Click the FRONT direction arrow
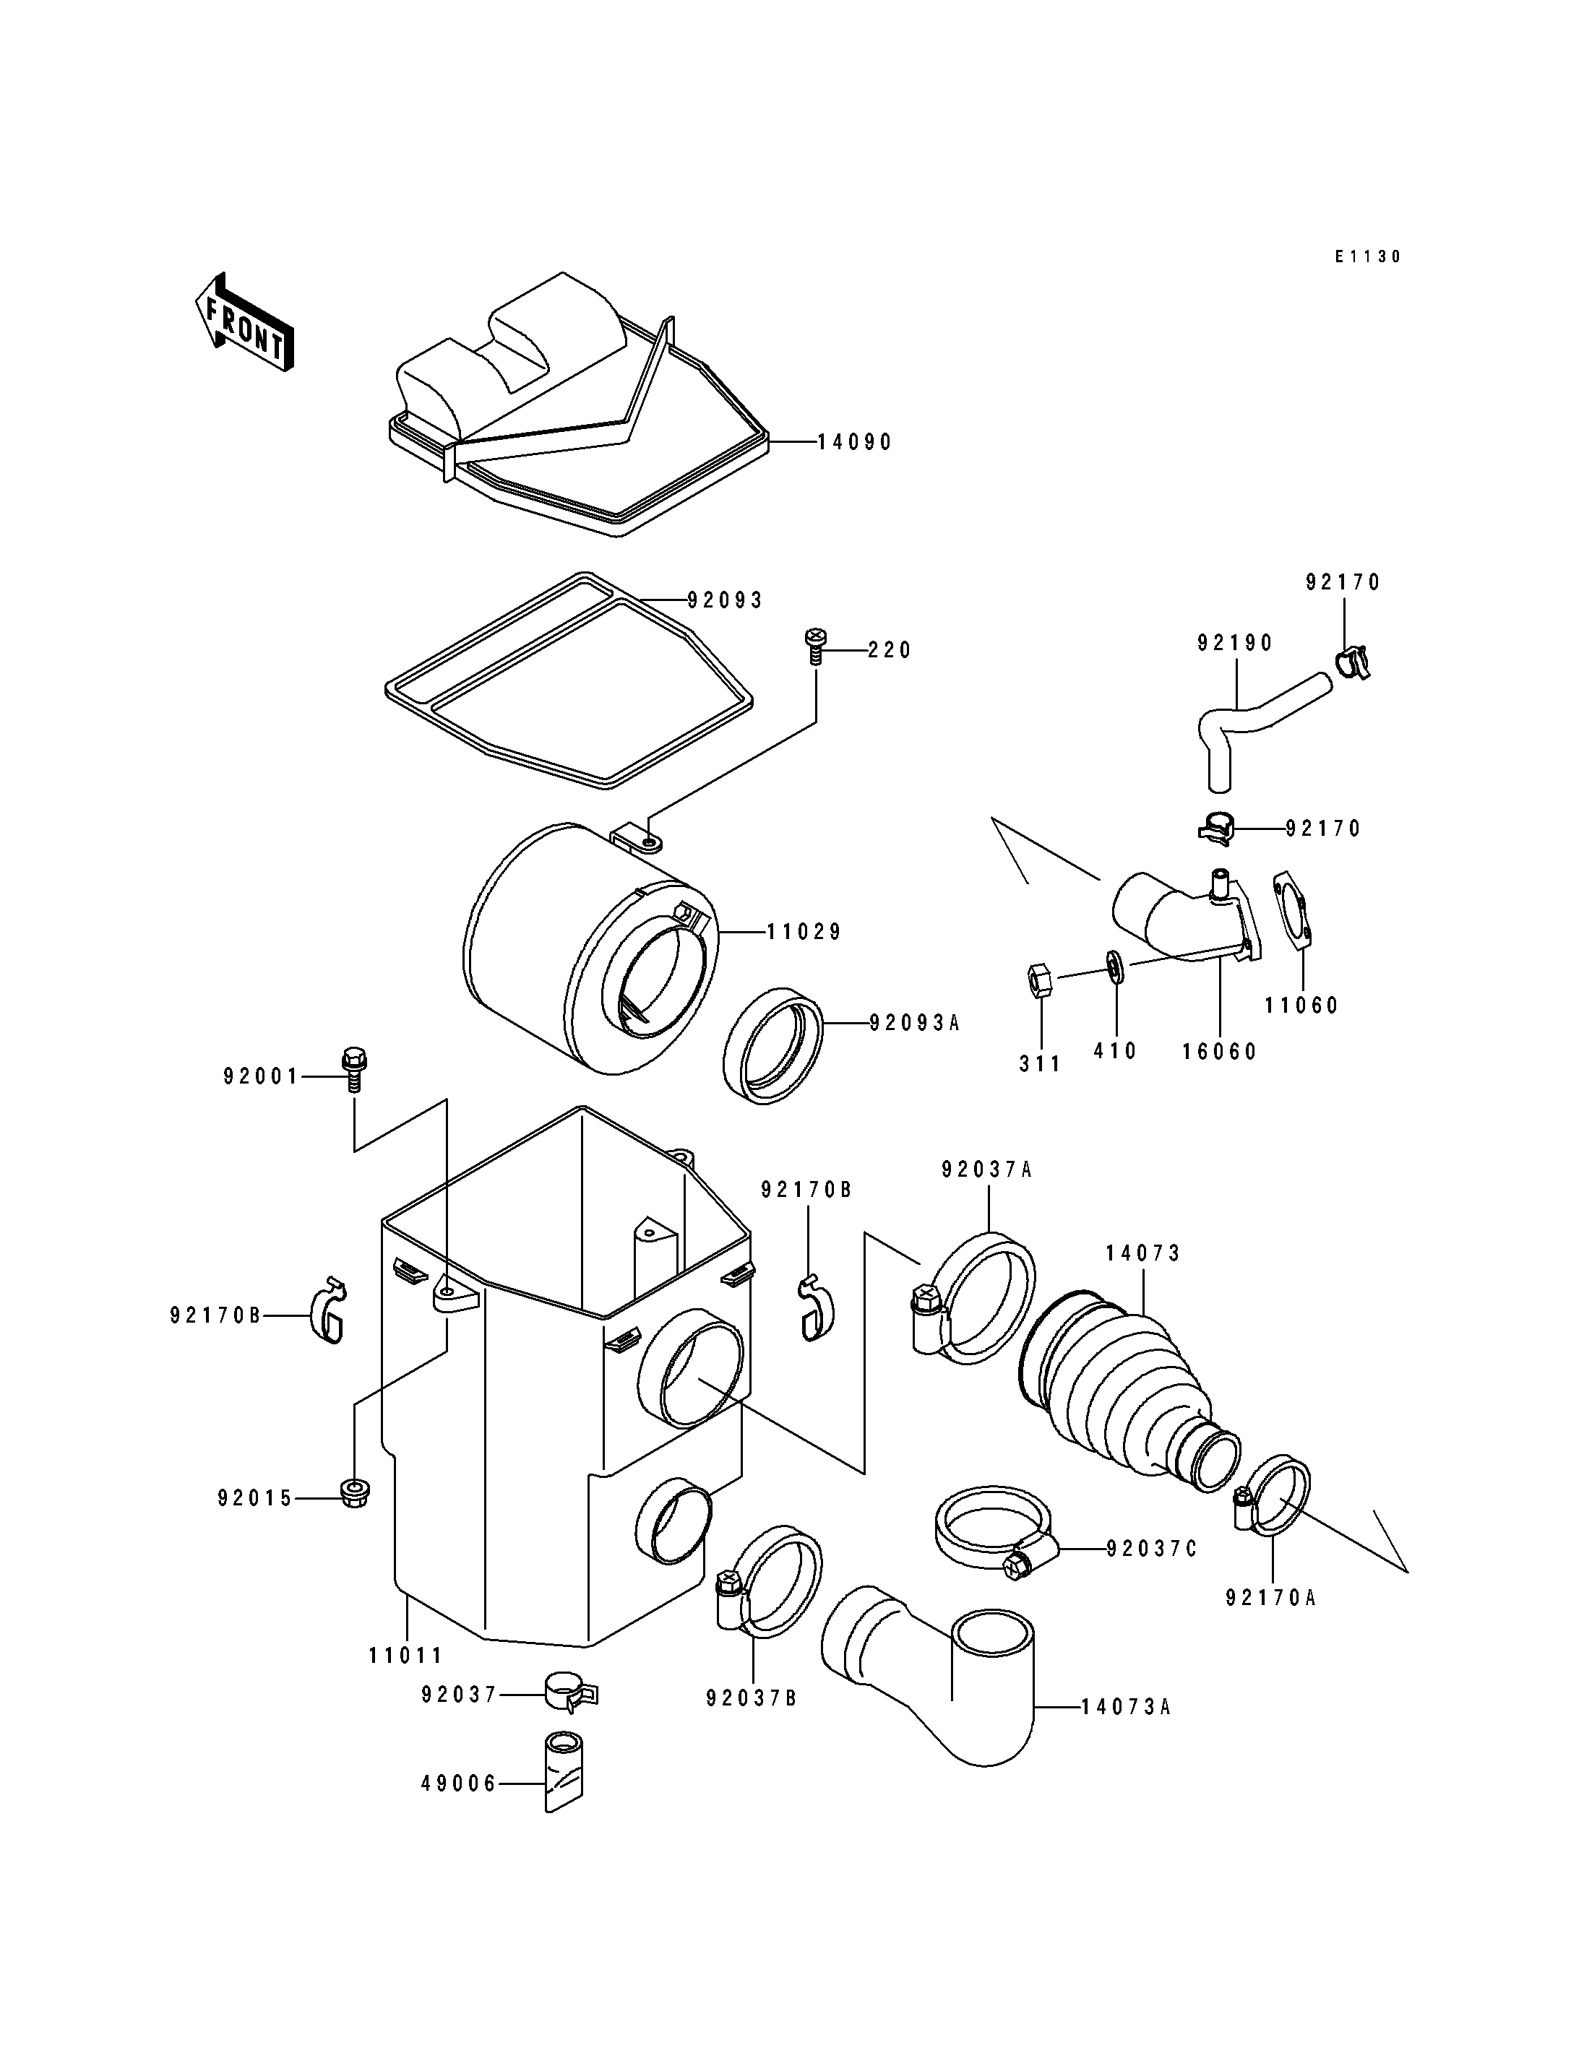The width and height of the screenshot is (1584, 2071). coord(244,322)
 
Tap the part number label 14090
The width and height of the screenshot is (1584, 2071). coord(854,442)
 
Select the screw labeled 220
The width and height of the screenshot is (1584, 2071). coord(814,646)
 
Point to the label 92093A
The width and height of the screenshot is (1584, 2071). coord(913,1022)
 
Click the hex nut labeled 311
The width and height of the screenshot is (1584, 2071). coord(1038,981)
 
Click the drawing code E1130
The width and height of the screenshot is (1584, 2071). coord(1367,256)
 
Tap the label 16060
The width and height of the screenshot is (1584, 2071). coord(1220,1052)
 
